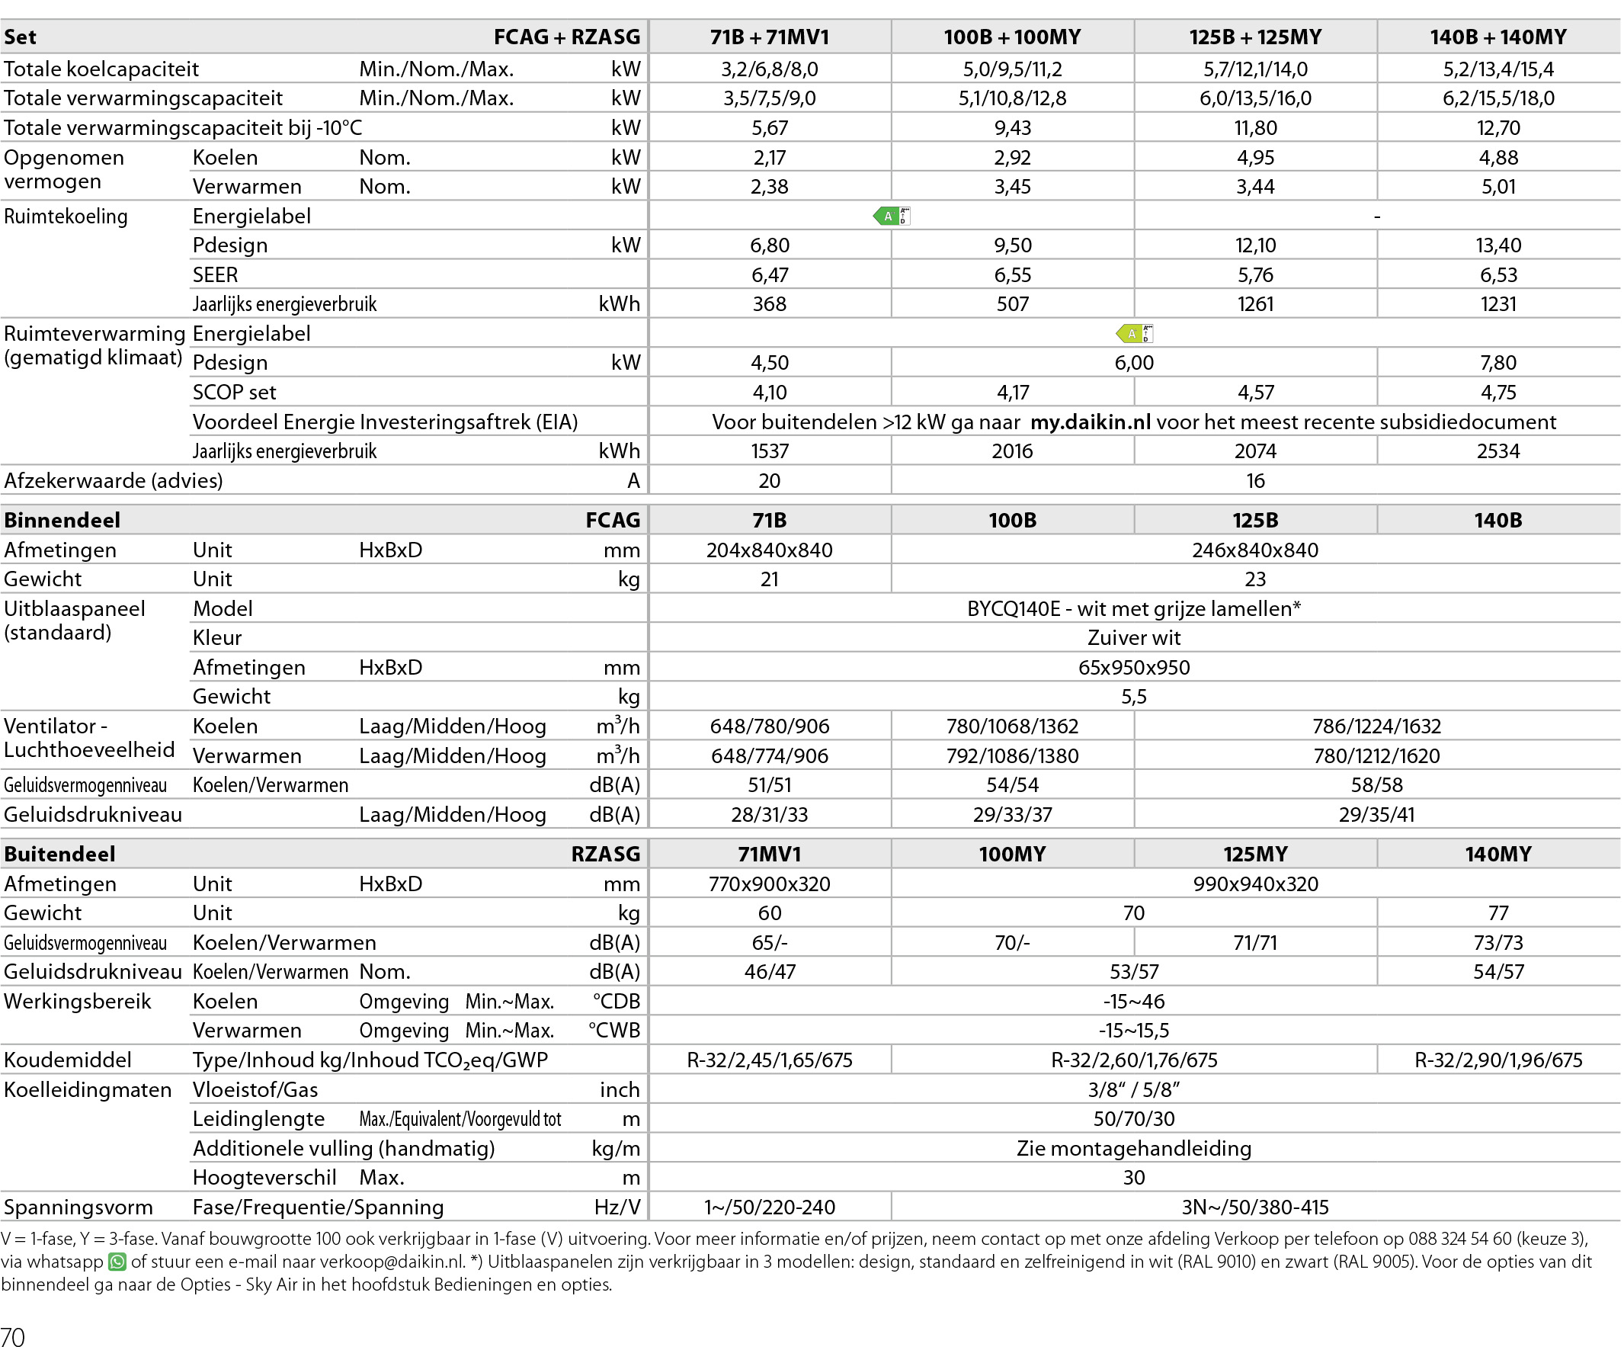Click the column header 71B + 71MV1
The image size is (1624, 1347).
pos(769,37)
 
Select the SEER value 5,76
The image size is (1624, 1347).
pos(1254,274)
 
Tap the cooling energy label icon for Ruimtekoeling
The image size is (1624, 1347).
pos(891,216)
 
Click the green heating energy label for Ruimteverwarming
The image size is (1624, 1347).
pos(1134,333)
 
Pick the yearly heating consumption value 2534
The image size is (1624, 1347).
pos(1497,451)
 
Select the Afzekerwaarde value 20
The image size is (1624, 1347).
pos(769,480)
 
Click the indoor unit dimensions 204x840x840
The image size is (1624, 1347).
pos(769,550)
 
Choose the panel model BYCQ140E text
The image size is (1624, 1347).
pos(1133,609)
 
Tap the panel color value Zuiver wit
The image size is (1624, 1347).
pos(1133,637)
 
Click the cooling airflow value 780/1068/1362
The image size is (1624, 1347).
pos(1011,726)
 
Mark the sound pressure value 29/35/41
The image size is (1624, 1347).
pos(1376,814)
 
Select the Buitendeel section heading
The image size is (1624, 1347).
pos(59,853)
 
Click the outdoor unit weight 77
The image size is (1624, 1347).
pos(1497,913)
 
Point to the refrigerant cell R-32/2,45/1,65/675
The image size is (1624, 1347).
pos(769,1060)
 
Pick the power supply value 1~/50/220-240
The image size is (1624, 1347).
pos(769,1207)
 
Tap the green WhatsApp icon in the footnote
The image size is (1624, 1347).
pos(117,1262)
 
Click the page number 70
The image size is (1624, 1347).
pos(13,1336)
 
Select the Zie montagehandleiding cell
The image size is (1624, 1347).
pos(1133,1148)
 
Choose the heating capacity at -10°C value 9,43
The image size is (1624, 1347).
pos(1011,127)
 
